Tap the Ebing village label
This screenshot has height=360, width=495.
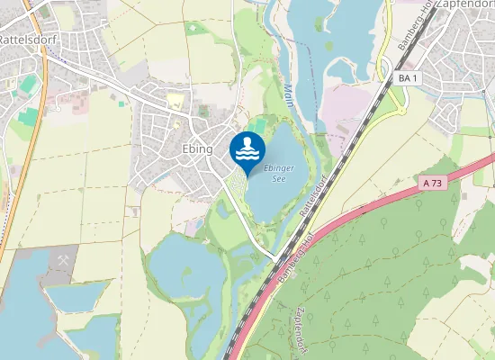(196, 148)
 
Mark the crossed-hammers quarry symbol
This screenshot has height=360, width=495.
(64, 259)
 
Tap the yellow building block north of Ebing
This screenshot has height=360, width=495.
(175, 100)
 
